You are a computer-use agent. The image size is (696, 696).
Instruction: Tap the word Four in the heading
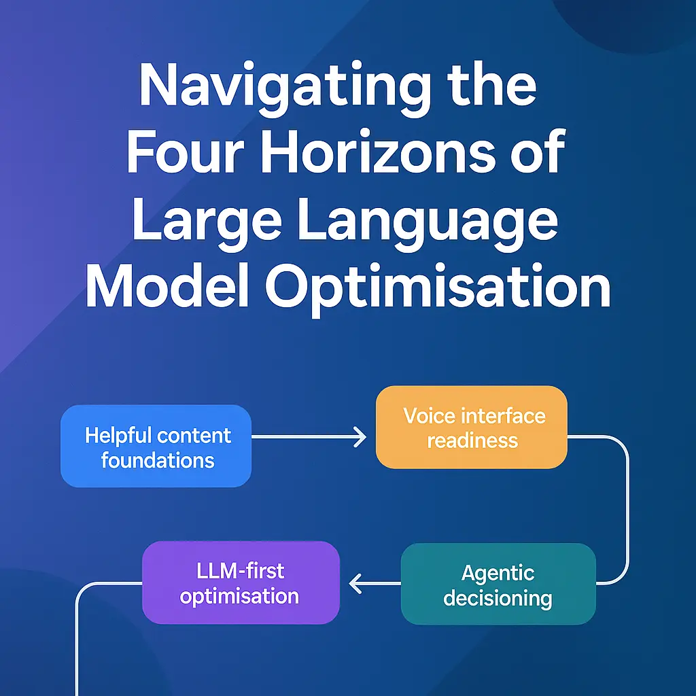click(x=185, y=151)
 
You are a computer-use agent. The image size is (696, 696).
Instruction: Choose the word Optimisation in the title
click(x=438, y=288)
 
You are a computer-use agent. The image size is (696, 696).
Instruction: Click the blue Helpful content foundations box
click(x=156, y=446)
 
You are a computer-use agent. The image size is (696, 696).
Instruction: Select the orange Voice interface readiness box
click(x=472, y=427)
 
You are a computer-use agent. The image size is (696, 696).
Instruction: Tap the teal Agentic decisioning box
click(x=498, y=584)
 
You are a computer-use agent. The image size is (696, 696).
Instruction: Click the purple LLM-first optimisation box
click(x=241, y=582)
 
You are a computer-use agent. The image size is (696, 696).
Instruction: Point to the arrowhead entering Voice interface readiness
click(x=360, y=437)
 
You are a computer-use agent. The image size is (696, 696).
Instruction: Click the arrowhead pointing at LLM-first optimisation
click(x=355, y=583)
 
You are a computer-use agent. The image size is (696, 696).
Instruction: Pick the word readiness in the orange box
click(x=472, y=440)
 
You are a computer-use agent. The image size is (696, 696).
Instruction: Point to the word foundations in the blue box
click(x=158, y=461)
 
